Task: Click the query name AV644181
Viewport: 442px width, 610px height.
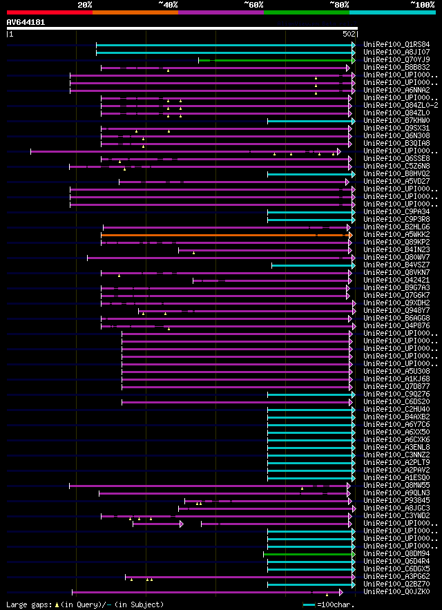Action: pyautogui.click(x=26, y=22)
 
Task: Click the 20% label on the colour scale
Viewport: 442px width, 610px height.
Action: pyautogui.click(x=85, y=5)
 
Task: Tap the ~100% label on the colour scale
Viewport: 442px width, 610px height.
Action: pyautogui.click(x=422, y=5)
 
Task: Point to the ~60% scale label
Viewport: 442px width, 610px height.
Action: pyautogui.click(x=253, y=5)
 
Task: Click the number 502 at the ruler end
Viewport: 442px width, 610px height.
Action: pyautogui.click(x=348, y=33)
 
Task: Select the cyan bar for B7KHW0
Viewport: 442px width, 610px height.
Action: pyautogui.click(x=311, y=121)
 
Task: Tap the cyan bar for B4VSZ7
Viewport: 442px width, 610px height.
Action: pyautogui.click(x=313, y=265)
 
